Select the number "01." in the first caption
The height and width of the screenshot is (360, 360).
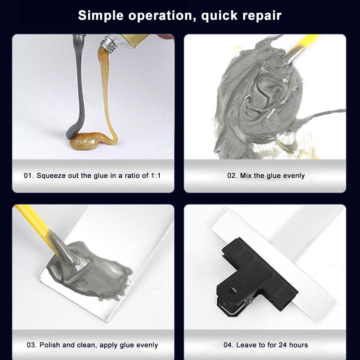(x=29, y=176)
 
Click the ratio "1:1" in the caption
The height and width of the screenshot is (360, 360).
(x=156, y=176)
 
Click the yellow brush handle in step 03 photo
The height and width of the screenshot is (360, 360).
(x=35, y=226)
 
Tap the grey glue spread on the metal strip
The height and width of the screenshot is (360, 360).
(x=92, y=271)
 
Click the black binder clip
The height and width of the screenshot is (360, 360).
(x=257, y=275)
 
